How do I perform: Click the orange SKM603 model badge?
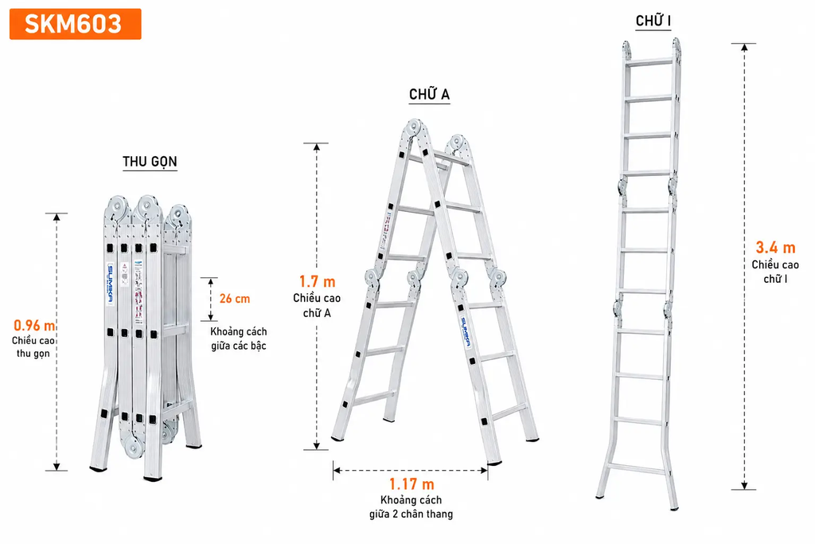click(76, 24)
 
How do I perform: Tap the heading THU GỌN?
click(150, 162)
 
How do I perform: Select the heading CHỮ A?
click(429, 94)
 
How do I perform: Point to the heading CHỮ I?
click(653, 21)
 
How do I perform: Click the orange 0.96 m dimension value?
click(34, 326)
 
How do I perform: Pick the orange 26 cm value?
click(235, 299)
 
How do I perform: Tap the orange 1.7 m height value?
click(317, 281)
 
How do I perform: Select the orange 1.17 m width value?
click(411, 484)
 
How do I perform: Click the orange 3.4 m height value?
click(775, 248)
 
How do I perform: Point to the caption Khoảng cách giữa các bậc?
click(239, 339)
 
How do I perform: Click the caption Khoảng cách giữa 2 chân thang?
click(411, 507)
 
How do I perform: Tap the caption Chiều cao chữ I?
click(775, 272)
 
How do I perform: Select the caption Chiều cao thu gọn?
click(33, 347)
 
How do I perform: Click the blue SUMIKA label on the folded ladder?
click(110, 284)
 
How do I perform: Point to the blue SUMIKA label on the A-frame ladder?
click(466, 332)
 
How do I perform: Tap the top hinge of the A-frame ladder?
click(414, 127)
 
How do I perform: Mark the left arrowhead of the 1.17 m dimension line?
click(337, 470)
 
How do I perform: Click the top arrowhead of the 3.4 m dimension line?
click(744, 47)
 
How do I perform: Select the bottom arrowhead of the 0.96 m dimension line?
click(57, 467)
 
